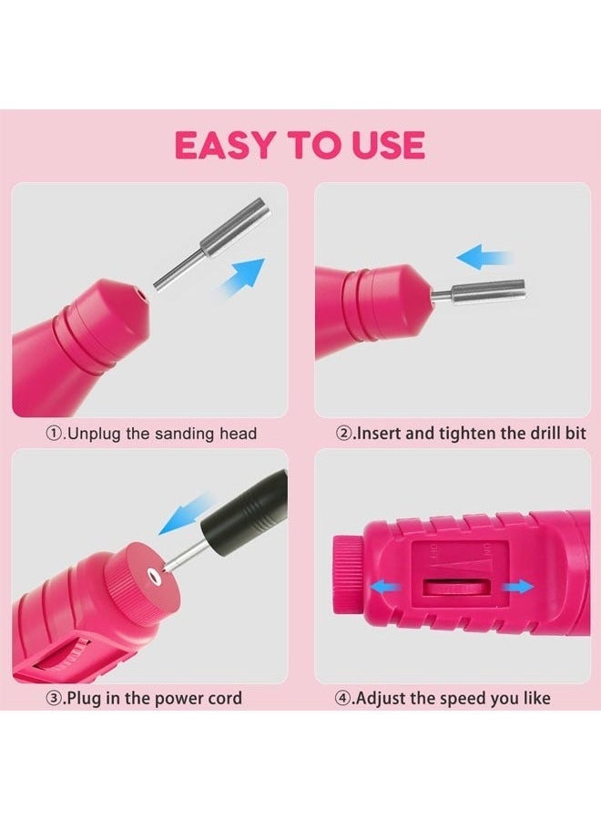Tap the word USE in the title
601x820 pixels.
(386, 146)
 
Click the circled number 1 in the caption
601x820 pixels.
(54, 435)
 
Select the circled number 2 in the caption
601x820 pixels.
(344, 435)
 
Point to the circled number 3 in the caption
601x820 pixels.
(54, 699)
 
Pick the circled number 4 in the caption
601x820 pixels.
(344, 699)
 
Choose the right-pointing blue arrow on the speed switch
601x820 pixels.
(516, 588)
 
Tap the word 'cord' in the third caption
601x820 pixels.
(224, 699)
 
